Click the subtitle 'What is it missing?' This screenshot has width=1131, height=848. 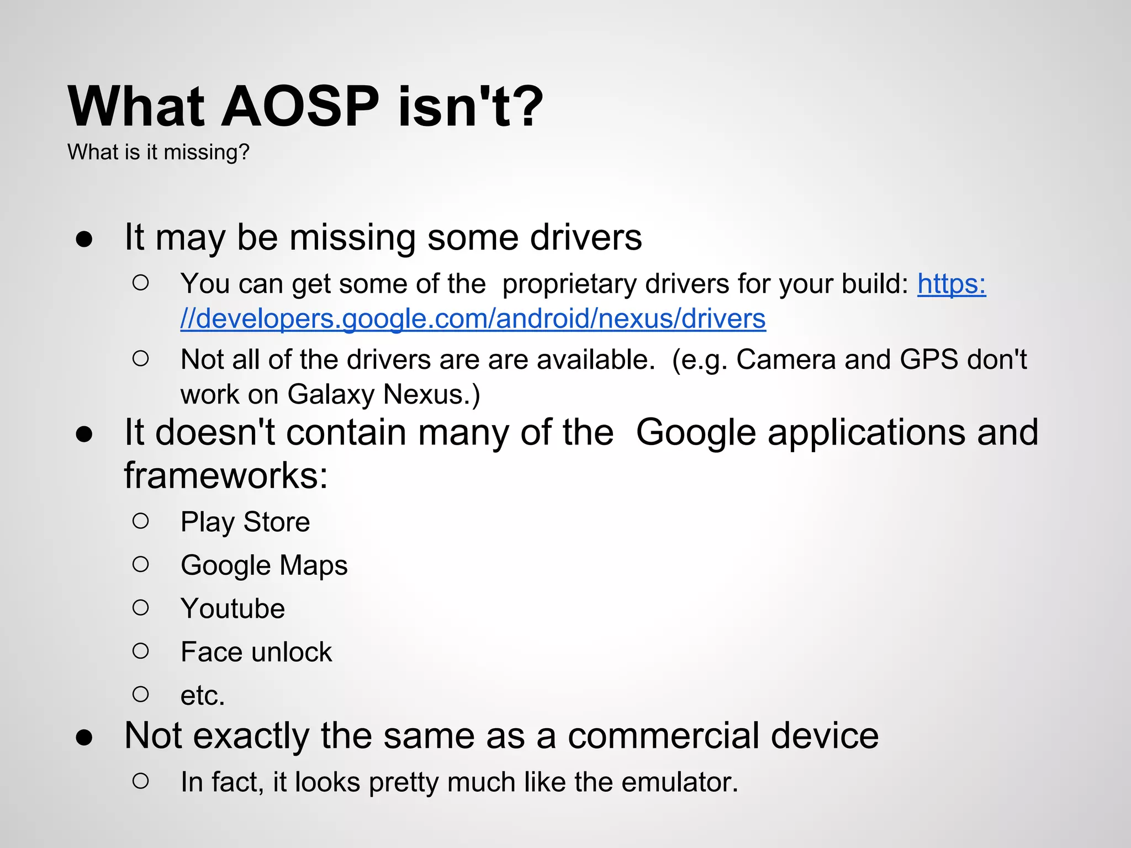pos(158,152)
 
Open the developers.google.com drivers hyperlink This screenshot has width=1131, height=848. pos(473,319)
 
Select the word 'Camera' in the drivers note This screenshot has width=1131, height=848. pos(786,360)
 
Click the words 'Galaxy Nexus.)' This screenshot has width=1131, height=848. pos(384,395)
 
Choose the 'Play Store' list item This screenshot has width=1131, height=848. pos(245,522)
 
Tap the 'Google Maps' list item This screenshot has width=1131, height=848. pos(264,565)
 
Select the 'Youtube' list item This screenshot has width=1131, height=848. pos(232,608)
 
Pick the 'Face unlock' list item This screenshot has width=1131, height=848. pos(256,652)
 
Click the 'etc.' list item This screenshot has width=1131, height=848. pos(203,695)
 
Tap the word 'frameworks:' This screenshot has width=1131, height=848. pos(226,476)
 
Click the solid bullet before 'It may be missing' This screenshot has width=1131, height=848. pos(84,239)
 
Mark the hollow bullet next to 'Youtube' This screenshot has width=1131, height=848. pos(141,608)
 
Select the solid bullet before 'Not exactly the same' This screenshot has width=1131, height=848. pos(84,738)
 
